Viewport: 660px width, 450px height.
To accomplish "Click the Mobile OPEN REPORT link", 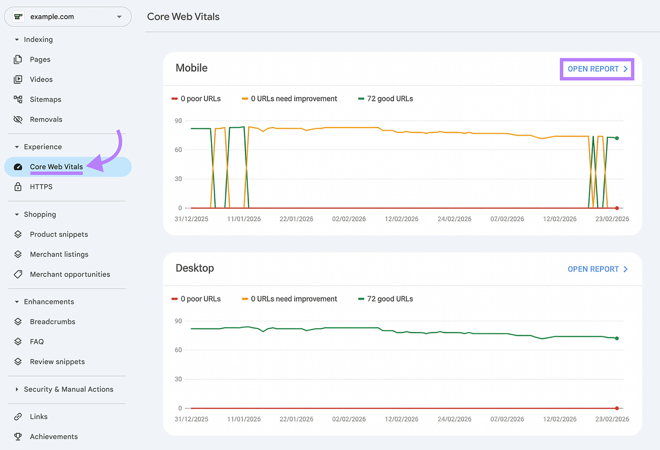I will coord(597,69).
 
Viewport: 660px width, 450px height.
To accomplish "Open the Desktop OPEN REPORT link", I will coord(597,269).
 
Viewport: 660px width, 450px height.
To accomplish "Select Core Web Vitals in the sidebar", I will coord(56,167).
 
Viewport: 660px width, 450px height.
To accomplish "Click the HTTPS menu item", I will coord(41,187).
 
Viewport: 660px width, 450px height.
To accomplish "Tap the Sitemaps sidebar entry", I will coord(45,99).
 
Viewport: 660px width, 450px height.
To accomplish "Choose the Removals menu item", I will coord(46,119).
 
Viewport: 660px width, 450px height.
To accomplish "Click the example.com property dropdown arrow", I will coord(119,17).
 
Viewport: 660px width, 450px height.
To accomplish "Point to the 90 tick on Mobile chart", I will coord(178,121).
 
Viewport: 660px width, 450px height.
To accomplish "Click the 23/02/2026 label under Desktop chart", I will coord(612,419).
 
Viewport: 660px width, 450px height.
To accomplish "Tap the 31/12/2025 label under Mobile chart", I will coord(191,219).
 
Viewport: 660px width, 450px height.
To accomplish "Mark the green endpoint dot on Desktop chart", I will coord(617,338).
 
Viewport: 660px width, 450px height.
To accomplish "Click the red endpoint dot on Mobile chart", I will coord(617,208).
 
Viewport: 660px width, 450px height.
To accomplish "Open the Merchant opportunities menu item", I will coord(70,275).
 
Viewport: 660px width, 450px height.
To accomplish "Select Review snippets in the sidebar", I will coord(57,362).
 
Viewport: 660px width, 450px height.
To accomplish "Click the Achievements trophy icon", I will coord(18,436).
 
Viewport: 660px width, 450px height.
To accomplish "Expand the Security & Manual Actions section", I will coord(68,389).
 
